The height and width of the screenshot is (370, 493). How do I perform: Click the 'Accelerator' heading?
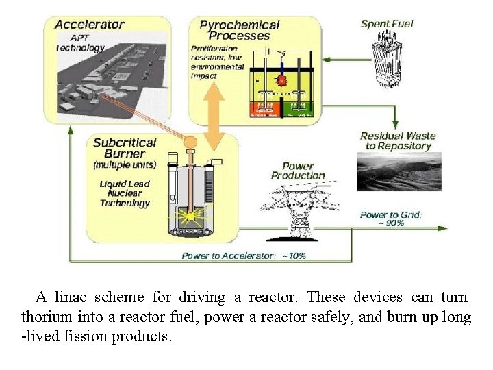point(89,25)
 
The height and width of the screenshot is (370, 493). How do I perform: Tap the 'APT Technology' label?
point(79,43)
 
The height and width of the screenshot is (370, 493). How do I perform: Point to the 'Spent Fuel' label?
point(387,24)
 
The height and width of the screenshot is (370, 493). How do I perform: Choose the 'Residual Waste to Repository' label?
point(398,140)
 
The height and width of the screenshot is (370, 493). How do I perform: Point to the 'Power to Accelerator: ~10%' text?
point(244,256)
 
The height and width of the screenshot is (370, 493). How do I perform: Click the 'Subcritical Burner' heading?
point(125,149)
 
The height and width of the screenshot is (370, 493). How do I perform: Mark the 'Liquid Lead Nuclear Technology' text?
point(125,193)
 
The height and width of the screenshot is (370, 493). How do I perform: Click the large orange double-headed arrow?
point(215,116)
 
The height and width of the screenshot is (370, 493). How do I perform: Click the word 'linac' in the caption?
point(77,297)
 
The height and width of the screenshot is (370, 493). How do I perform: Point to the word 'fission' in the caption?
point(91,337)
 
